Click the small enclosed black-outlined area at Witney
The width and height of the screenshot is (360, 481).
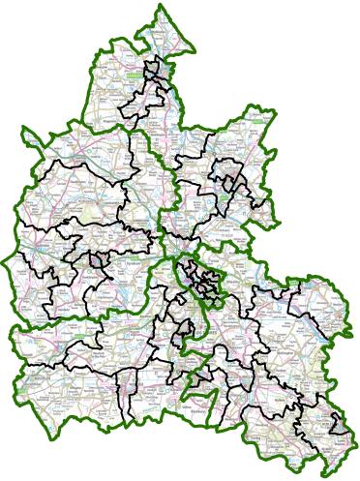coord(97,259)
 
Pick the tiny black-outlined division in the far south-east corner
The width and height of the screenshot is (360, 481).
coord(336,423)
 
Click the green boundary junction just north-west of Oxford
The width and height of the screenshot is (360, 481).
coord(172,257)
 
